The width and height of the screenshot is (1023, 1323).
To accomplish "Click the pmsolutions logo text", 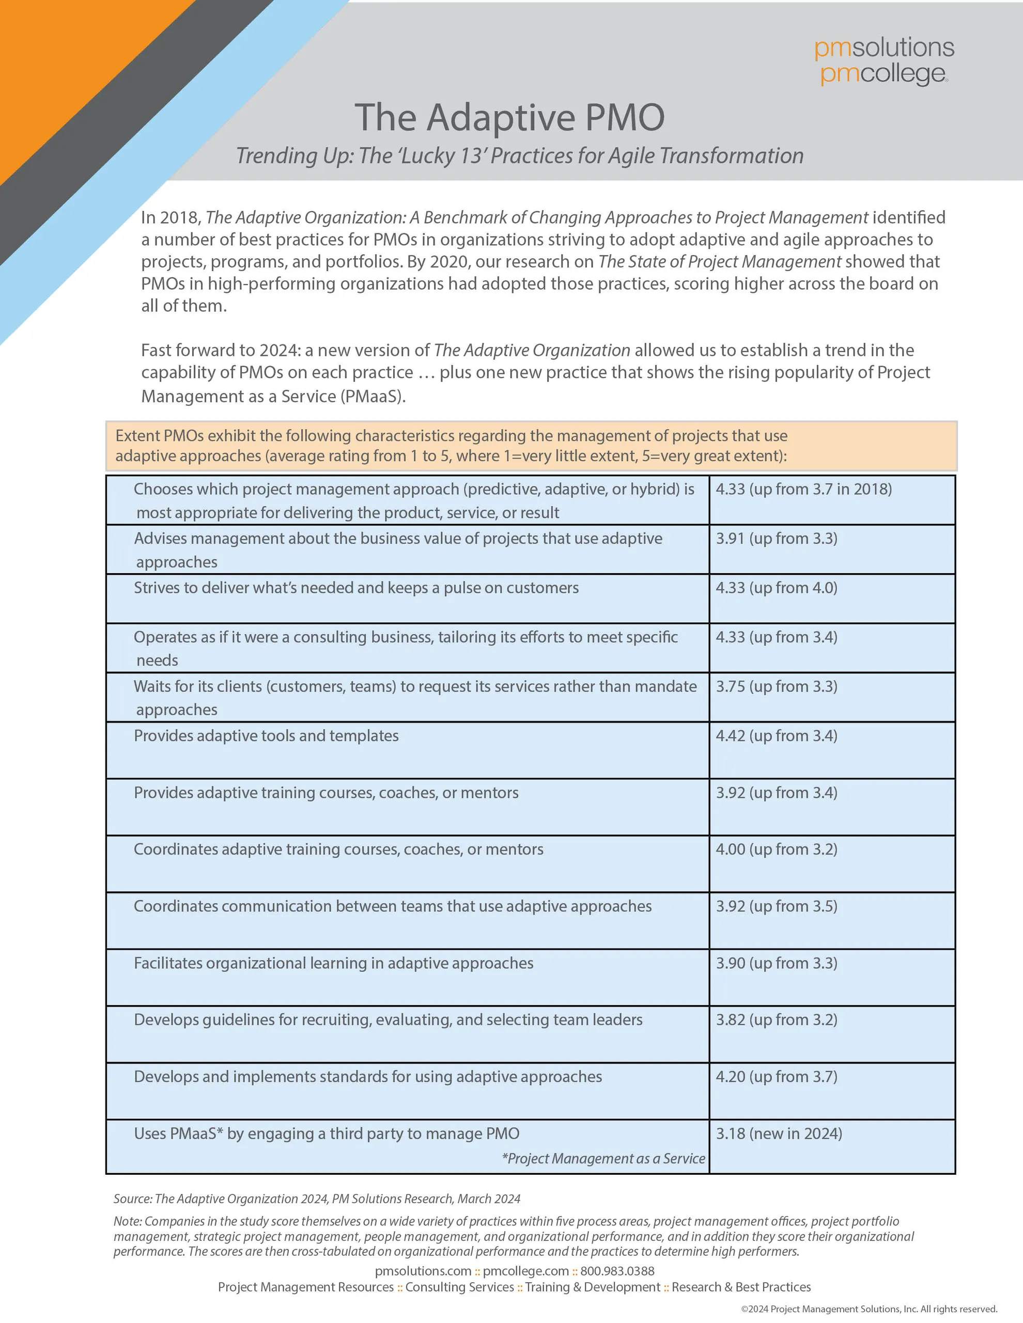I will click(x=884, y=48).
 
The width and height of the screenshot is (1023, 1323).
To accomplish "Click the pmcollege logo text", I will click(x=882, y=74).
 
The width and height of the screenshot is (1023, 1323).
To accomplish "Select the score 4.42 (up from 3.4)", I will click(x=777, y=736).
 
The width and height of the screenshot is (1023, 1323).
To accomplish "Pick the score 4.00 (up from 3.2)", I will click(x=777, y=849).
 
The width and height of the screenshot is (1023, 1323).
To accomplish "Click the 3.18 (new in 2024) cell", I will click(x=779, y=1133).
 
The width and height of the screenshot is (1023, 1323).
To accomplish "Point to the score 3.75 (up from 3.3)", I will click(x=777, y=686).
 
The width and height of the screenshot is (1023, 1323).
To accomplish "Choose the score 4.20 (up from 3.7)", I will click(x=777, y=1077).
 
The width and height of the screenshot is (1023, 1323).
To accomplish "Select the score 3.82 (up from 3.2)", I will click(x=777, y=1019).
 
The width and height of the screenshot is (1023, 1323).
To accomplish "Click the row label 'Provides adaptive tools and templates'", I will click(x=266, y=736).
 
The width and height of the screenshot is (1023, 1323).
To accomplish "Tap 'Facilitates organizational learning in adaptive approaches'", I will click(x=333, y=963).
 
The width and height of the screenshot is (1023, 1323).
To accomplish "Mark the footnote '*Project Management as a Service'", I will click(x=603, y=1158).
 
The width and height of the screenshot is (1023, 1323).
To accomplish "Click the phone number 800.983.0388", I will click(x=617, y=1271).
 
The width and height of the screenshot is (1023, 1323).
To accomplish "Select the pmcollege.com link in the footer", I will click(x=525, y=1271).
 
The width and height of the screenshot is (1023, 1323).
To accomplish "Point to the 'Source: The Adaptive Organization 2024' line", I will click(x=316, y=1199).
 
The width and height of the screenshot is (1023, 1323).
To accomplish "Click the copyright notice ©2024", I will click(x=869, y=1309).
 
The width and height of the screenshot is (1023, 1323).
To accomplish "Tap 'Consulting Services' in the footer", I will click(x=459, y=1287).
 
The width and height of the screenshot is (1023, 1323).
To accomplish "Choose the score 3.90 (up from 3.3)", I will click(x=777, y=963).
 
